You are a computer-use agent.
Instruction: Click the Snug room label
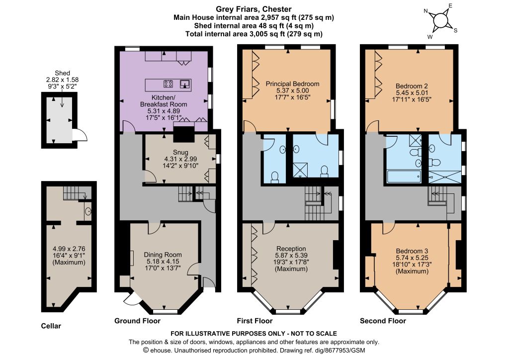[x=180, y=152]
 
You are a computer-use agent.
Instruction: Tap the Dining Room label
[x=163, y=255]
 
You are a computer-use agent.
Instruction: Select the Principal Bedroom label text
[x=292, y=84]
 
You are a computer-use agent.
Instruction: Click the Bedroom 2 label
[x=412, y=86]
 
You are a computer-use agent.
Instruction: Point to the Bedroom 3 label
[x=412, y=251]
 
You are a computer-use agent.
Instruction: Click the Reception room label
[x=291, y=249]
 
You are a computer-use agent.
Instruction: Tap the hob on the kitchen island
[x=168, y=84]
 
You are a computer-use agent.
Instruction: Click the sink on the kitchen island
[x=184, y=84]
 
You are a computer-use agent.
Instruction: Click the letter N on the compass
[x=426, y=11]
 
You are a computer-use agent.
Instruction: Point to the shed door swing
[x=80, y=135]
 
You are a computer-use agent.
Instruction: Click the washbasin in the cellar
[x=88, y=212]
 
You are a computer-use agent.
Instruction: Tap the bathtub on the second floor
[x=404, y=177]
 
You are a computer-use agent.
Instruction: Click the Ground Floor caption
[x=137, y=321]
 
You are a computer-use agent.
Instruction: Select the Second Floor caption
[x=383, y=321]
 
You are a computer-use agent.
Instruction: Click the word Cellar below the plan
[x=51, y=326]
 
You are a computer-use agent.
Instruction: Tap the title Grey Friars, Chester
[x=254, y=9]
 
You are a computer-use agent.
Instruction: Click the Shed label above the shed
[x=62, y=73]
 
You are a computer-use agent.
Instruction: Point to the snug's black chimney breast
[x=184, y=133]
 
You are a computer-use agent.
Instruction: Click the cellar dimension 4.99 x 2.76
[x=69, y=249]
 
